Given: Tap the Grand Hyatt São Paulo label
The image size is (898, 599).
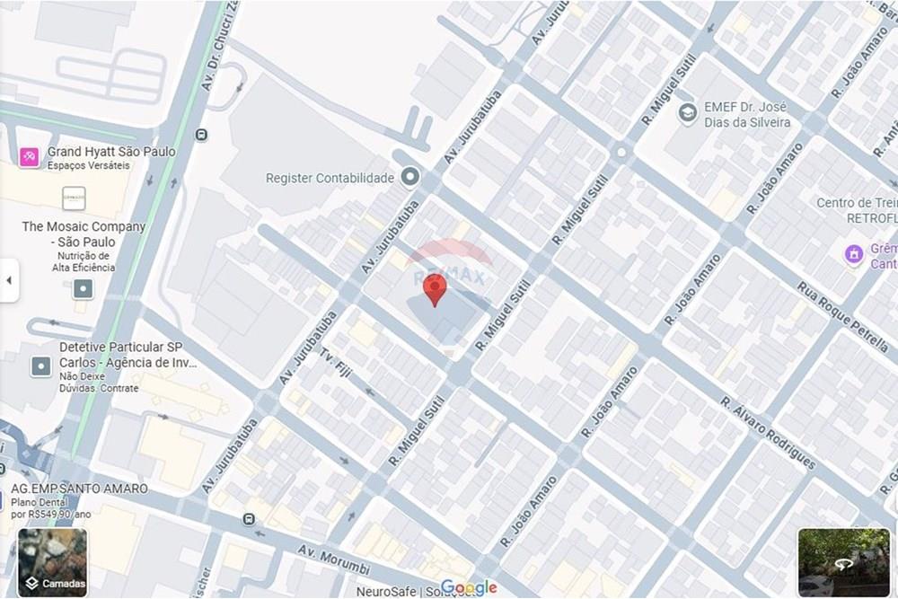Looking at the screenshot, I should (x=111, y=152).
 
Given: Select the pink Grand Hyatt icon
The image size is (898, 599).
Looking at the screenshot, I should (x=29, y=157).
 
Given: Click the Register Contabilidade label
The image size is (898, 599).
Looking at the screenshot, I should (x=330, y=178).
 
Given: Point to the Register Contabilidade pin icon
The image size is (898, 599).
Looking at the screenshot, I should (x=410, y=177).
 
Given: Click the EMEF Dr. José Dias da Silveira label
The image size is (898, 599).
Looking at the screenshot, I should (x=747, y=114).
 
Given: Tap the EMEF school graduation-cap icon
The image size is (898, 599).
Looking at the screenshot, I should (x=688, y=114).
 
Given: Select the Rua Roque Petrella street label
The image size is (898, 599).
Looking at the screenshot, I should (x=841, y=314).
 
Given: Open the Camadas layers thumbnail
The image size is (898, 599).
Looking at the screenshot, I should (x=53, y=562).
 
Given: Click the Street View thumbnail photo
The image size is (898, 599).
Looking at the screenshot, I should (x=843, y=562).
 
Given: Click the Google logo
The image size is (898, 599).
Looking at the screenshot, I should (x=469, y=588).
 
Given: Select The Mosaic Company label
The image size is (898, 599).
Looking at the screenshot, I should (x=84, y=234).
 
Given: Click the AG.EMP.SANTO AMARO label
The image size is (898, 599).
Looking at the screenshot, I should (x=79, y=489).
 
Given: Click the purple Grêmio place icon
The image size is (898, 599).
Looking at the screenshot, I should (x=854, y=255).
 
